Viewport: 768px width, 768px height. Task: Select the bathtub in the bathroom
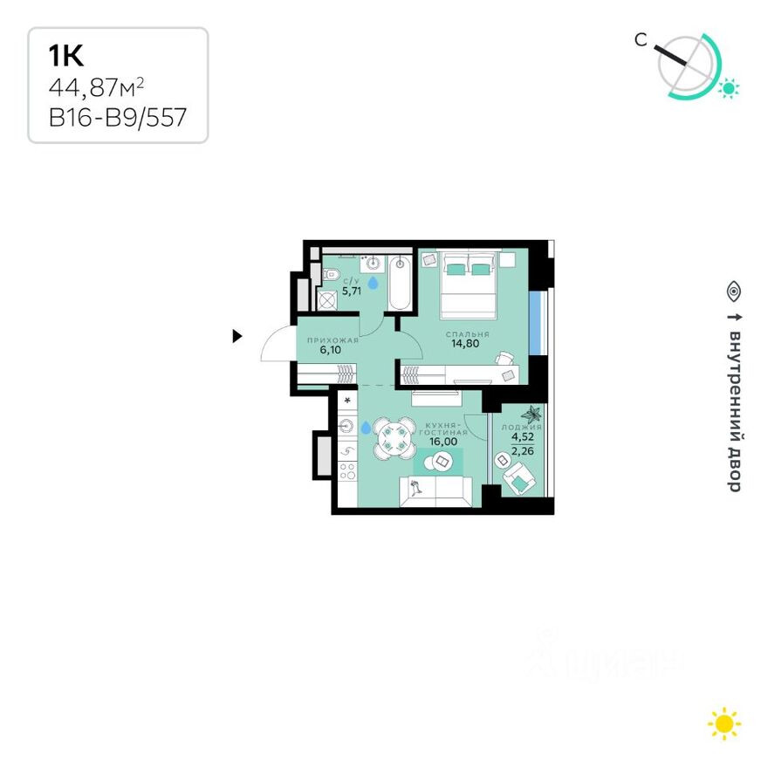tap(400, 284)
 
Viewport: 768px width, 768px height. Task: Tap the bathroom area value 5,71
tap(352, 291)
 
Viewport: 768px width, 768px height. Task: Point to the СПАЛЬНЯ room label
tap(467, 334)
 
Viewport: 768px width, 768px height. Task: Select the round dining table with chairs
tap(395, 438)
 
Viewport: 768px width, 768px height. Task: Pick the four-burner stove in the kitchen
tap(346, 472)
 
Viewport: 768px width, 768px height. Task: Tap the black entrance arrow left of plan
tap(237, 336)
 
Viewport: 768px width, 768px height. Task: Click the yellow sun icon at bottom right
tap(724, 723)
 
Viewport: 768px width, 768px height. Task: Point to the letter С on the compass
tap(641, 39)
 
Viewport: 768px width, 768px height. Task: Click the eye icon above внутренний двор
tap(734, 290)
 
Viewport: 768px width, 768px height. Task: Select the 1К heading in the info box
tap(65, 57)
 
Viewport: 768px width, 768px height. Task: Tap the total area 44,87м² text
tap(96, 87)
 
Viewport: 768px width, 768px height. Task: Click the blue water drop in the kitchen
tap(366, 427)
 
